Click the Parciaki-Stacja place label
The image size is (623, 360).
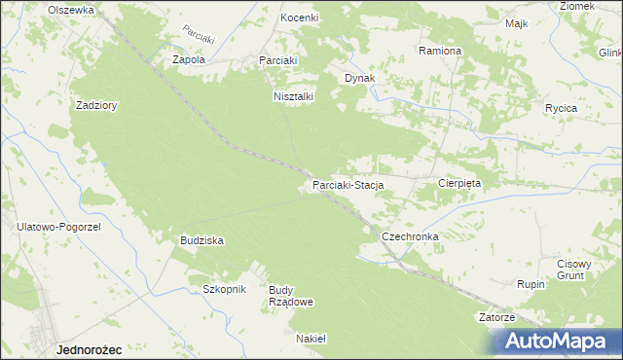coord(348,184)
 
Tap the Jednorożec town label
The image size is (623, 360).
coord(89,347)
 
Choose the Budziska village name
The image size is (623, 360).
coord(202,239)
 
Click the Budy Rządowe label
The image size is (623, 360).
coord(290,296)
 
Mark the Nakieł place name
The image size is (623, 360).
coord(310,339)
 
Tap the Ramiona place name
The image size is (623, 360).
coord(439,50)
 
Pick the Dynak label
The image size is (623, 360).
coord(359,78)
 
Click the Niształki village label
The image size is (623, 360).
coord(291,96)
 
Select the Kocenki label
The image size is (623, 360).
coord(300,18)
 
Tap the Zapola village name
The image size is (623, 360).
coord(188,59)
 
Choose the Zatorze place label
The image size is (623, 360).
coord(496,317)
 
